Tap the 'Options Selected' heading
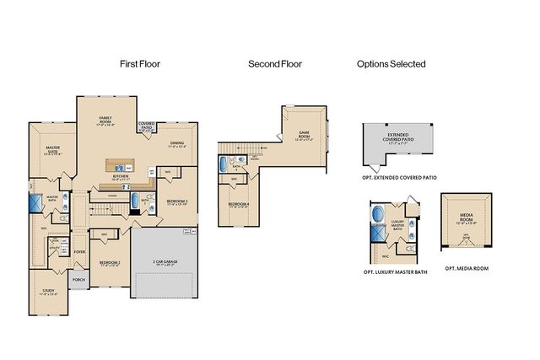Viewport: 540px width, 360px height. tap(391, 63)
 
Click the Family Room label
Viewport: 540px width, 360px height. tap(106, 120)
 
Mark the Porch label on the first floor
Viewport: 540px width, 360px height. tap(79, 280)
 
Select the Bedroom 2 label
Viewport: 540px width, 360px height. tap(108, 263)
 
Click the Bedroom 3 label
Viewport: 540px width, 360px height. tap(175, 202)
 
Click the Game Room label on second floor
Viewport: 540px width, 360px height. tap(305, 135)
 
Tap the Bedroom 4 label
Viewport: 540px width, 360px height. tap(239, 206)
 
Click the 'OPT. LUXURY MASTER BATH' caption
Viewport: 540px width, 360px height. tap(393, 272)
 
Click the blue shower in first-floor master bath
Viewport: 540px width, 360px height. tap(36, 203)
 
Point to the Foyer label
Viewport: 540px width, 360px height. tap(80, 251)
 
